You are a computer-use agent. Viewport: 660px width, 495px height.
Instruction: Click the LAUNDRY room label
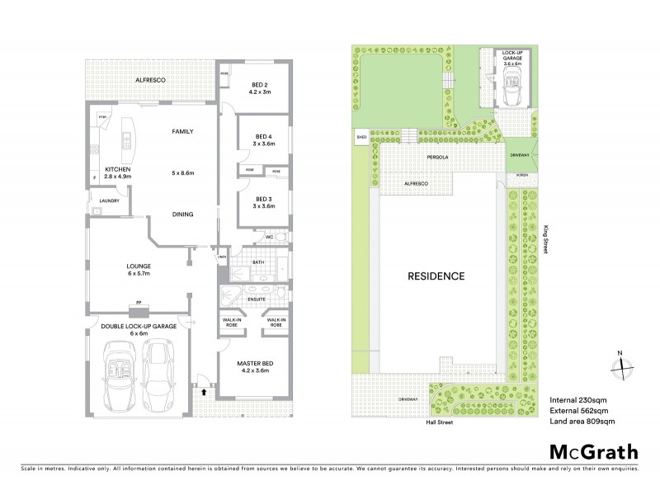(109, 200)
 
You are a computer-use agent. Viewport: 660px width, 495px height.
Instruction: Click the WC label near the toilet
(269, 238)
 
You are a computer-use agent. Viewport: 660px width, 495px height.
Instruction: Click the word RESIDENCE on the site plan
(435, 276)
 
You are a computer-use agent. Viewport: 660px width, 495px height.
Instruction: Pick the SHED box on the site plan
(361, 137)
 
